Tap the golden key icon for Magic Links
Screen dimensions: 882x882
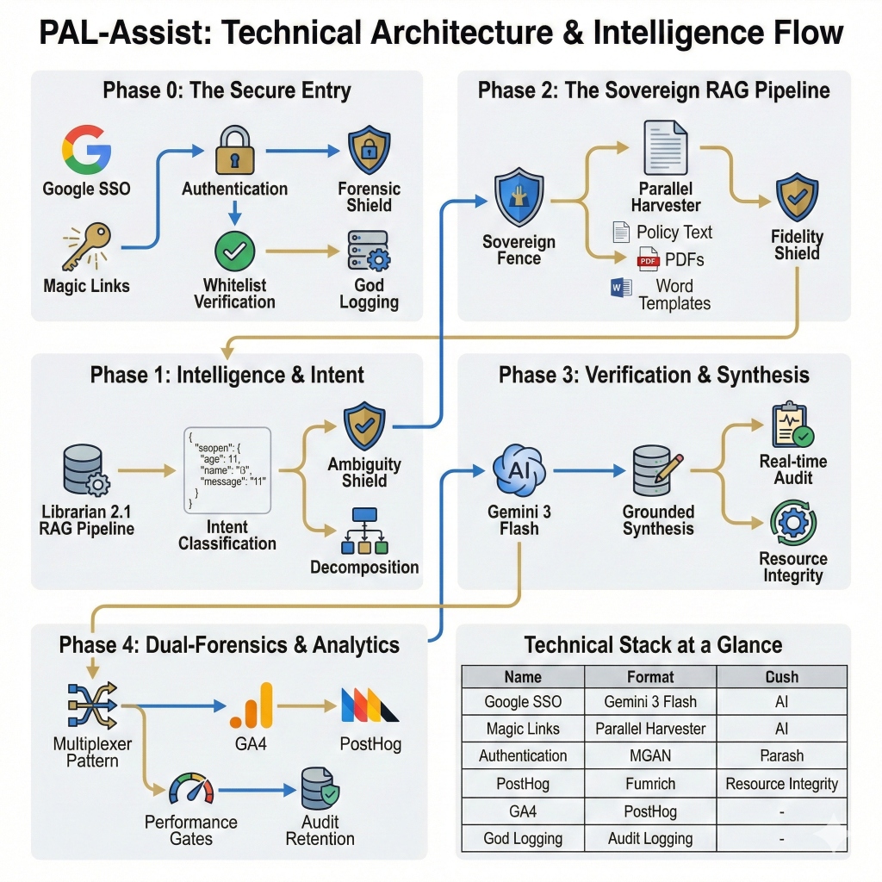click(86, 246)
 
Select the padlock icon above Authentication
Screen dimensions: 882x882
click(234, 152)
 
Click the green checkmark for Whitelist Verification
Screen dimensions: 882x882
click(234, 252)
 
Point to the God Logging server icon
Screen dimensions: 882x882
click(369, 252)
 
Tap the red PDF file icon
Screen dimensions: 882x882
click(648, 259)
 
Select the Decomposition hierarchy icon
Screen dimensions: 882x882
click(365, 531)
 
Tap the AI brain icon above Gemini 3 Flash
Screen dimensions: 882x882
click(519, 470)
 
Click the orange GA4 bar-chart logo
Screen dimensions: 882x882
click(252, 705)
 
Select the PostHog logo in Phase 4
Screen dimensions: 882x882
click(370, 705)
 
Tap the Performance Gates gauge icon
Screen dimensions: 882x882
click(190, 789)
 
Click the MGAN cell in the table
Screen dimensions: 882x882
click(650, 755)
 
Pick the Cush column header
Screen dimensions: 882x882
click(781, 676)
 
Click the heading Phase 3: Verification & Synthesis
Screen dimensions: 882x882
click(654, 375)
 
